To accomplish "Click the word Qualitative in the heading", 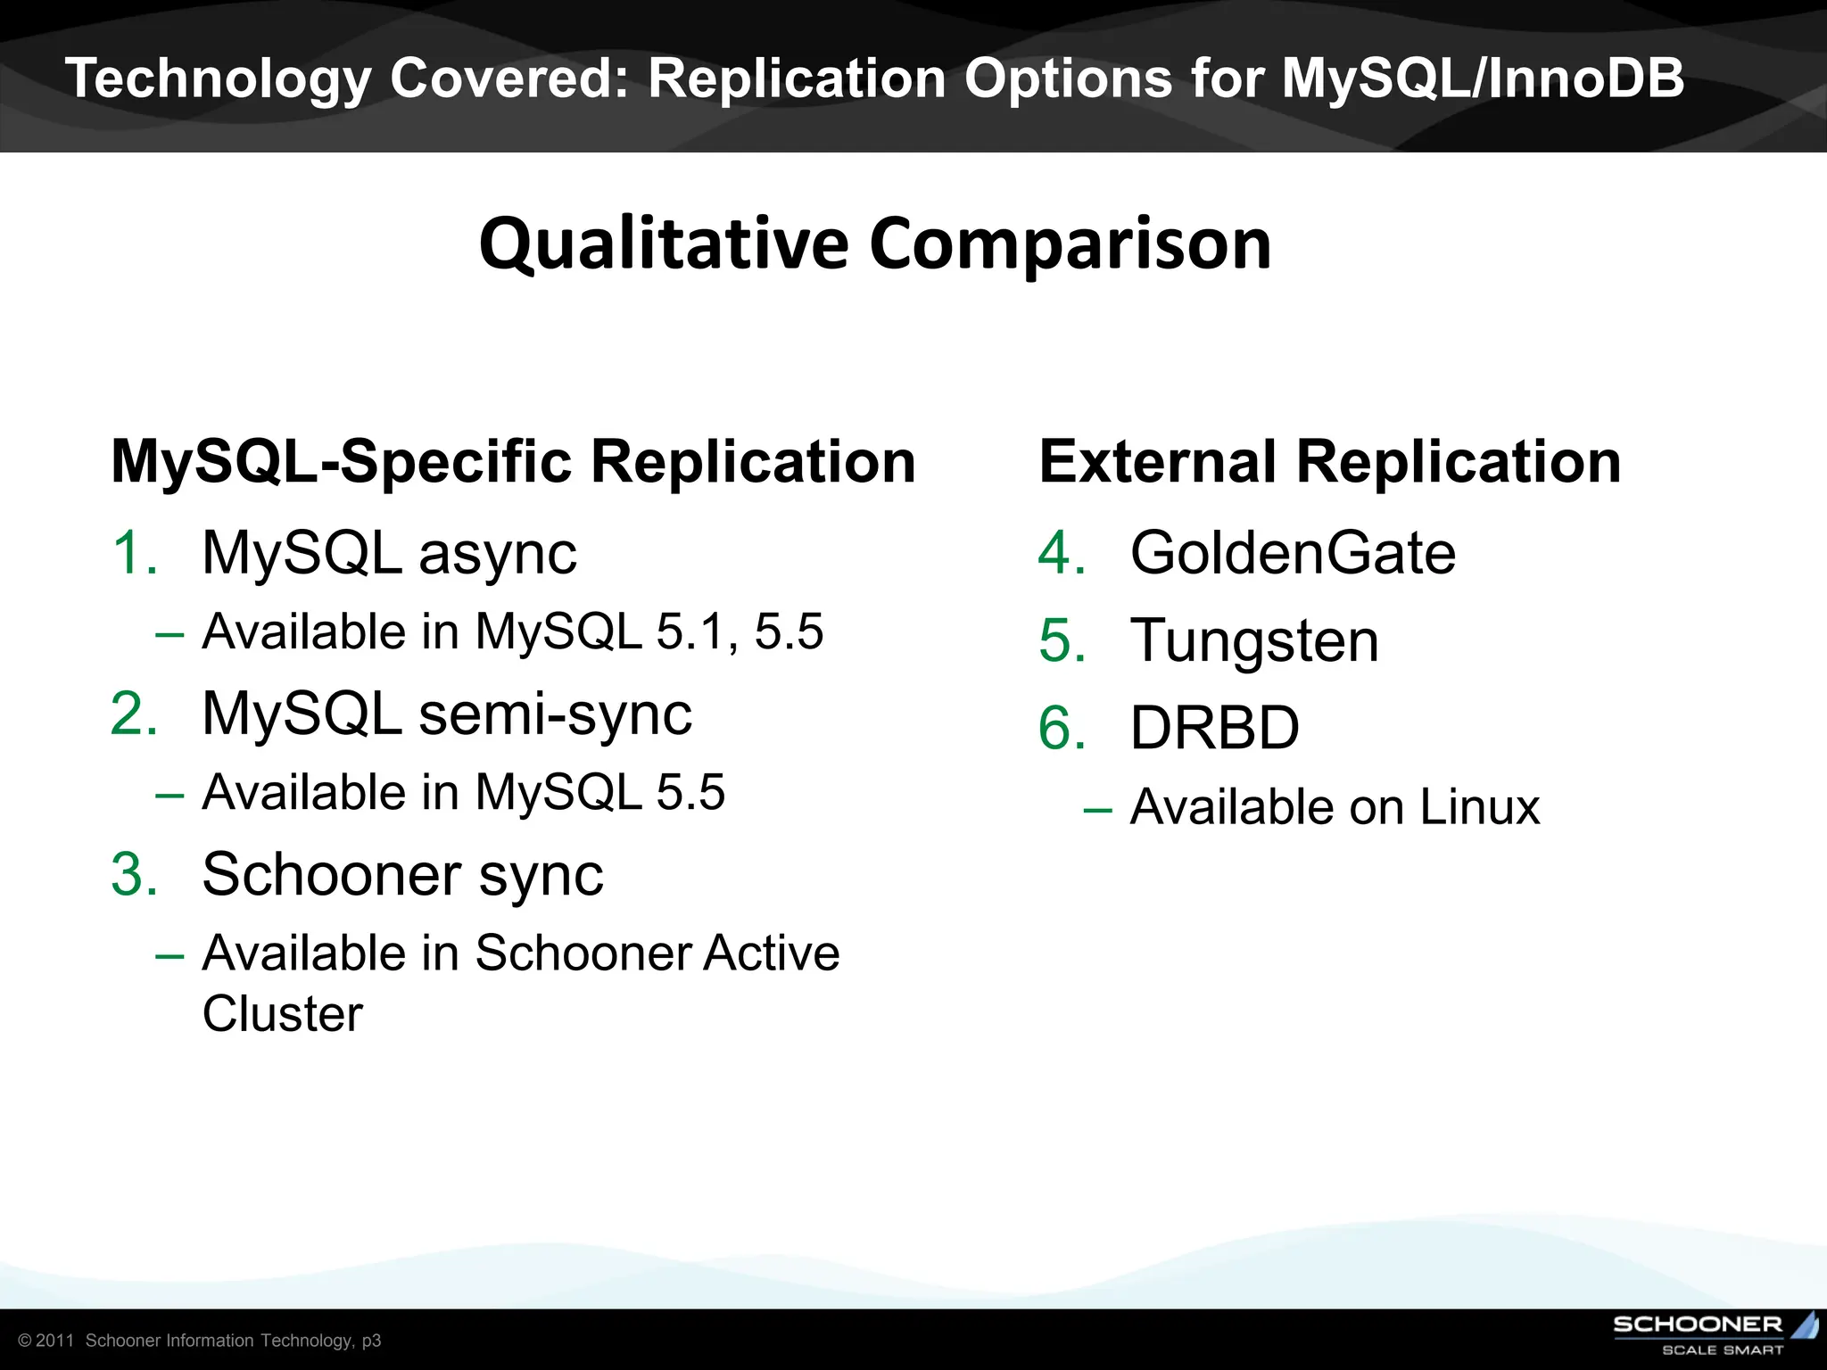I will pyautogui.click(x=664, y=244).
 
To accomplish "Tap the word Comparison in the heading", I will pyautogui.click(x=1070, y=244).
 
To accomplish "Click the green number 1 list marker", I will pyautogui.click(x=134, y=553).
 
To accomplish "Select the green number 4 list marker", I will pyautogui.click(x=1062, y=553).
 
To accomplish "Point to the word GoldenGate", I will pyautogui.click(x=1293, y=553).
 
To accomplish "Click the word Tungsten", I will pyautogui.click(x=1254, y=640).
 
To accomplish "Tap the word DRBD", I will pyautogui.click(x=1214, y=728).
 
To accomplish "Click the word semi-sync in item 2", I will pyautogui.click(x=555, y=714).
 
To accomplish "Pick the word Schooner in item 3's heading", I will pyautogui.click(x=332, y=874).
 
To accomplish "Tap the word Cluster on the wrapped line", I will pyautogui.click(x=283, y=1014).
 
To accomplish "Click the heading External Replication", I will pyautogui.click(x=1329, y=462).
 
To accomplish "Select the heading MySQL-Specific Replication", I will pyautogui.click(x=513, y=462).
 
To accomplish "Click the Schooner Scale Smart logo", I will pyautogui.click(x=1714, y=1333).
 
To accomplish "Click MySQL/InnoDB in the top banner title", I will pyautogui.click(x=1483, y=78).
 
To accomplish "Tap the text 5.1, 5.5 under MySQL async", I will pyautogui.click(x=740, y=631).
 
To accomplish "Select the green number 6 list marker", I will pyautogui.click(x=1062, y=728).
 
